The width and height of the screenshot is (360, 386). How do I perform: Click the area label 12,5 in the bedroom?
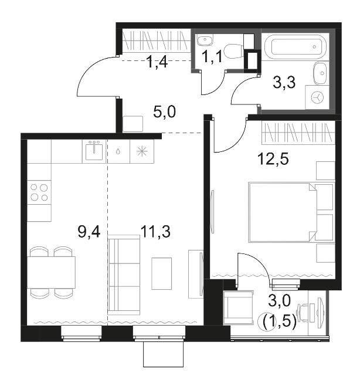[x=273, y=159]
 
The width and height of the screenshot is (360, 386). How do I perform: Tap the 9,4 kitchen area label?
[x=89, y=232]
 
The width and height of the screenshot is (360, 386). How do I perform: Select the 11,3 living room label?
[x=155, y=232]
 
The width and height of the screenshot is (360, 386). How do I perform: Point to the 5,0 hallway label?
[x=164, y=112]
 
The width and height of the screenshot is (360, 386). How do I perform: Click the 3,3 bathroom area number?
[x=284, y=82]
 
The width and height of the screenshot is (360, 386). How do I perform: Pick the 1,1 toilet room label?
[x=212, y=56]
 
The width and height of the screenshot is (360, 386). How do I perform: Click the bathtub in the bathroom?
[x=296, y=47]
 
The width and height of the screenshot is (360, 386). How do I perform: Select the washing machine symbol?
[x=317, y=97]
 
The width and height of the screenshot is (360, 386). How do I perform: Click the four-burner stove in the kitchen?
[x=39, y=192]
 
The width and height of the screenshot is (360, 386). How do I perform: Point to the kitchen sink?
[x=94, y=151]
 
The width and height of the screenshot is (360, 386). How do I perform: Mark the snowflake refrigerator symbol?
[x=142, y=151]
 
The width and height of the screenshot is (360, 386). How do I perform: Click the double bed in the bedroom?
[x=282, y=212]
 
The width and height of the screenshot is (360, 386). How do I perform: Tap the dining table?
[x=51, y=272]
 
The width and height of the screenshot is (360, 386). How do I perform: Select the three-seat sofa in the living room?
[x=124, y=275]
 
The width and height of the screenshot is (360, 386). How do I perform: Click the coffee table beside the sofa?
[x=161, y=273]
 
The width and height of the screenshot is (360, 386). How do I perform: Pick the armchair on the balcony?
[x=238, y=308]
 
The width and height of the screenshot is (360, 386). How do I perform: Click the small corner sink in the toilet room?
[x=205, y=40]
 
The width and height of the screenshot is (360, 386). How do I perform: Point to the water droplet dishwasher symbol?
[x=118, y=151]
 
